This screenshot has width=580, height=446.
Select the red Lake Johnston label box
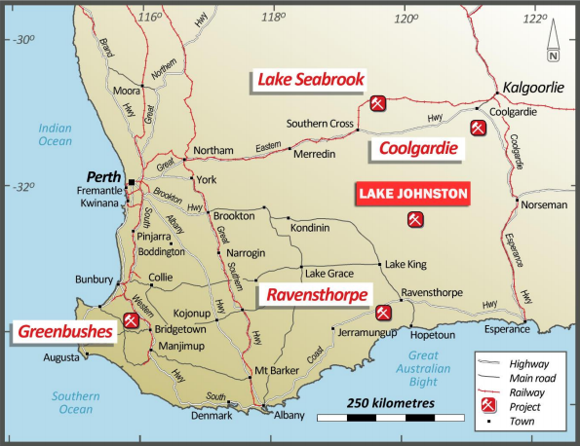[413, 194]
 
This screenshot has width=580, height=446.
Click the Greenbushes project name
[64, 332]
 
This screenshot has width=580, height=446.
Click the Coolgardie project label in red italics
[414, 150]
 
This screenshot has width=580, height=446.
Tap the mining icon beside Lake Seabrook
[379, 102]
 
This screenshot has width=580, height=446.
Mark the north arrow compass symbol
[553, 41]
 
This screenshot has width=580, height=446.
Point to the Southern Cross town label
[319, 124]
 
